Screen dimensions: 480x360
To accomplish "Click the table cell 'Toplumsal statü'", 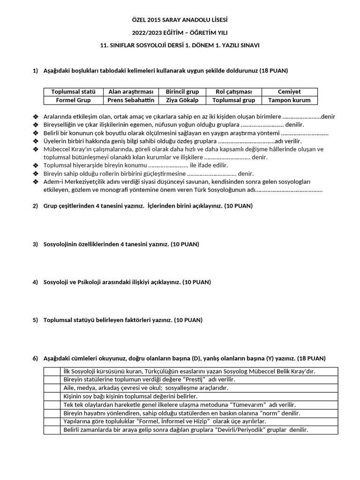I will (x=73, y=92).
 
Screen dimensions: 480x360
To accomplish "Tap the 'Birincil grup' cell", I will (x=182, y=92).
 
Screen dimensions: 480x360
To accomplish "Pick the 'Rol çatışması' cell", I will (x=233, y=92).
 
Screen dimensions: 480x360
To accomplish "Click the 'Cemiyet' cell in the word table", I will (x=289, y=92).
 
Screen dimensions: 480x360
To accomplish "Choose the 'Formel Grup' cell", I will (x=73, y=100).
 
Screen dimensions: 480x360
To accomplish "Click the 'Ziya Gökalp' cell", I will (x=182, y=100).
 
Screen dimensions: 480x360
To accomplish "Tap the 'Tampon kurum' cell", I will (x=289, y=100).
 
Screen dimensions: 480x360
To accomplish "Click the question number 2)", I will (x=35, y=206).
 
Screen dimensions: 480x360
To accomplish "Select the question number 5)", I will (x=35, y=320).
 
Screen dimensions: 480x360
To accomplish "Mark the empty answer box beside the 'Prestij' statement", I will (x=52, y=380).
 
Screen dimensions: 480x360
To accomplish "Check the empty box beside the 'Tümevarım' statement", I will (x=52, y=405).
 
